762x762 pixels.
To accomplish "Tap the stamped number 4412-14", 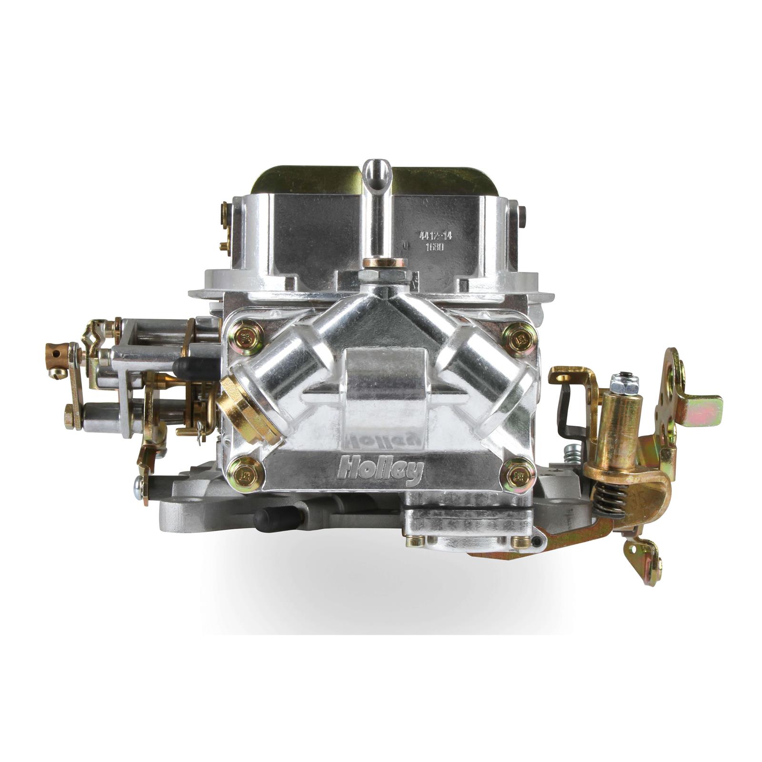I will [x=435, y=235].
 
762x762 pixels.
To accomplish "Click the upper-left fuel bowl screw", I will [x=246, y=335].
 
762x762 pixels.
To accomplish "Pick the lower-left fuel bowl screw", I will [x=246, y=473].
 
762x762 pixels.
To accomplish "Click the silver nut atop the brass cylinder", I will [x=624, y=383].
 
